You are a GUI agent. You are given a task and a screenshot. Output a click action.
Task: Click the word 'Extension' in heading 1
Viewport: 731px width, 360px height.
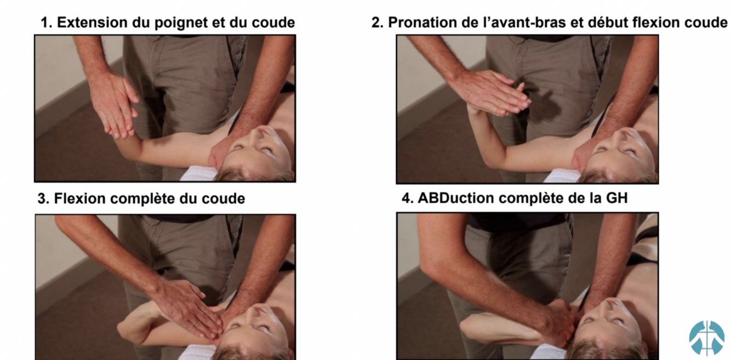93,22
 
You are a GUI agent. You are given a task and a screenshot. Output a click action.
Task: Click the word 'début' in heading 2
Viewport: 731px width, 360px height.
607,22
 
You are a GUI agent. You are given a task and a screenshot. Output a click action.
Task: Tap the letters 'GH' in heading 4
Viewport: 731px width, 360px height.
617,198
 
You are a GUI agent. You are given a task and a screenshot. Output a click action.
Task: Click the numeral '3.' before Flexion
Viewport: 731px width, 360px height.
43,199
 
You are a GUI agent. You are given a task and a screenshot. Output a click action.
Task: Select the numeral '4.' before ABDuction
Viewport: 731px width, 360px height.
408,198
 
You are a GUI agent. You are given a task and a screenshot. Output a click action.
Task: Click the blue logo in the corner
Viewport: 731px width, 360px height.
706,338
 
